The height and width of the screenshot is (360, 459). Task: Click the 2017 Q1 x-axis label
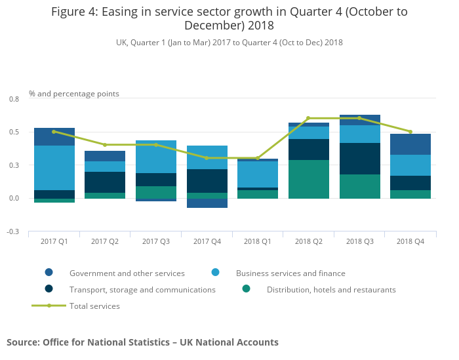(x=54, y=241)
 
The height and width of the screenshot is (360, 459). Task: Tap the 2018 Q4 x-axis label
(x=410, y=241)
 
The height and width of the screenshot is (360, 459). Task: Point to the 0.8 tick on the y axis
(x=14, y=99)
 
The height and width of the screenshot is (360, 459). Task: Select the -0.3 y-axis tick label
(x=13, y=232)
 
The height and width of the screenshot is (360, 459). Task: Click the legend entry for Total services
(x=94, y=306)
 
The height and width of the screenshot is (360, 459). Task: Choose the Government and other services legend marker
(x=49, y=272)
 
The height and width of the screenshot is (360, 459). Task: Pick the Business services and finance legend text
(x=290, y=273)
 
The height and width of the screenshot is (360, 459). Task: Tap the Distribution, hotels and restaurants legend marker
(x=246, y=289)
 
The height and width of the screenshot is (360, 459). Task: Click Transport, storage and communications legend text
(x=142, y=289)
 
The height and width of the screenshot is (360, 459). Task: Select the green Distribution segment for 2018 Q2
(x=308, y=179)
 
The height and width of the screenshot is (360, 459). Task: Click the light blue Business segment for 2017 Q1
(x=54, y=168)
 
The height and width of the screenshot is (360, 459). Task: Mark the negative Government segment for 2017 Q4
(x=207, y=203)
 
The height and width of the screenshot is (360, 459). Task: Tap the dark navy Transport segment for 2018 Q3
(x=359, y=159)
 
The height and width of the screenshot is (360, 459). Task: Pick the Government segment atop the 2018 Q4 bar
(x=410, y=144)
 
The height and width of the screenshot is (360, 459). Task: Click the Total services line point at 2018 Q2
(x=308, y=118)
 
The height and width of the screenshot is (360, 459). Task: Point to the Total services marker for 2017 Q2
(x=105, y=145)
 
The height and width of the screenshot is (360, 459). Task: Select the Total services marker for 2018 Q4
(x=410, y=132)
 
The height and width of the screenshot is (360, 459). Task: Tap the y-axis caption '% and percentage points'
(x=74, y=94)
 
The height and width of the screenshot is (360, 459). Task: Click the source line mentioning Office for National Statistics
(x=142, y=342)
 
